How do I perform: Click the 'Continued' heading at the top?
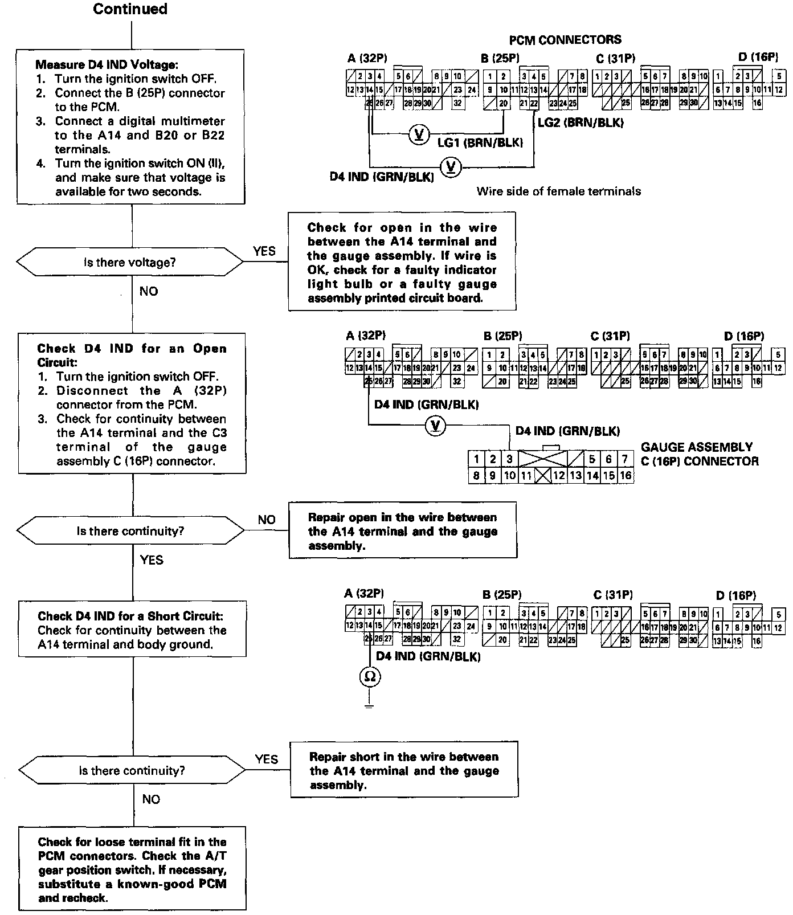coord(130,9)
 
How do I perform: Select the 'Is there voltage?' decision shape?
coord(130,263)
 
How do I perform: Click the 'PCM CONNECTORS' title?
coord(565,40)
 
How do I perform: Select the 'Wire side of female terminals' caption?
coord(558,191)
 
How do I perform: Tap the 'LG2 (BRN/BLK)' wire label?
coord(580,122)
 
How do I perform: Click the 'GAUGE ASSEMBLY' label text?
coord(697,447)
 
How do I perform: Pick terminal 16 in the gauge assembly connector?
coord(626,475)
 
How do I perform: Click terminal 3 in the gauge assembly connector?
coord(510,459)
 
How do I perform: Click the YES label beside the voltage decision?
coord(264,251)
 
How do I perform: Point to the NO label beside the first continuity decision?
coord(266,520)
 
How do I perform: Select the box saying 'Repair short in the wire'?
coord(404,769)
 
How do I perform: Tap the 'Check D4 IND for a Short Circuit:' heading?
coord(130,616)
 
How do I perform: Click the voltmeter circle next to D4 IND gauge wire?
coord(436,426)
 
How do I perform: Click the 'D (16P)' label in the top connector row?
coord(757,57)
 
